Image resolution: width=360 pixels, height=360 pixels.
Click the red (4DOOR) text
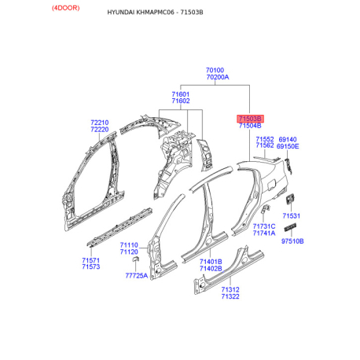(65, 8)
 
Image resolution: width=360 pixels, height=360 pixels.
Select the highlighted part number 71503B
(250, 119)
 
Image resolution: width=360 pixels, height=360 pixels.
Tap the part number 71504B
(250, 126)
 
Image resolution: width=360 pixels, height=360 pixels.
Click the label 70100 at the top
(215, 70)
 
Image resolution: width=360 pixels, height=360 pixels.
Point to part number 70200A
(218, 77)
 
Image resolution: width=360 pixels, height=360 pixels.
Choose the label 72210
(100, 123)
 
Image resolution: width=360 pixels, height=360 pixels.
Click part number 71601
(181, 94)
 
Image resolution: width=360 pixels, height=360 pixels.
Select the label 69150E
(288, 146)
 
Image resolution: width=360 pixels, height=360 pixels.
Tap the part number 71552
(265, 139)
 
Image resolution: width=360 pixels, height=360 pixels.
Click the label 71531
(292, 216)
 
